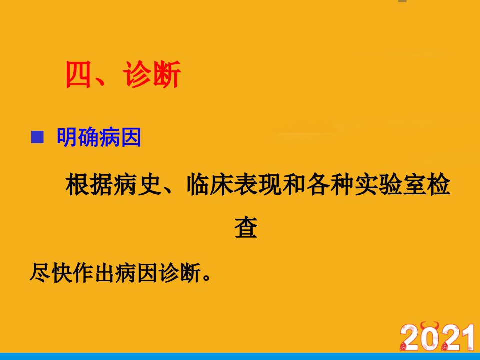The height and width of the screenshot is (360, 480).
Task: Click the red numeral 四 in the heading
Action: [78, 74]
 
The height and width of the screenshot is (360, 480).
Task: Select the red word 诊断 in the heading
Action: [152, 74]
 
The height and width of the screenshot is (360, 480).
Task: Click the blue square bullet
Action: [37, 137]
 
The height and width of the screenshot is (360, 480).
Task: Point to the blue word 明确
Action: [78, 137]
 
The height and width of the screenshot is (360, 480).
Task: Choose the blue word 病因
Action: [120, 137]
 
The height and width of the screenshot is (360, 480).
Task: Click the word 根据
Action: [89, 184]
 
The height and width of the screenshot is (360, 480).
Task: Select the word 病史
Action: [137, 184]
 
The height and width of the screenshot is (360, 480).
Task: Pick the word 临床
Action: [210, 184]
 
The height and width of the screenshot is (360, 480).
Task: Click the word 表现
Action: [258, 184]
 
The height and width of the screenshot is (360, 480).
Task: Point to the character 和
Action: [294, 184]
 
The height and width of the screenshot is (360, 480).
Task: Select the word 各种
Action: [330, 184]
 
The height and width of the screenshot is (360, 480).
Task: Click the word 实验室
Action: [390, 184]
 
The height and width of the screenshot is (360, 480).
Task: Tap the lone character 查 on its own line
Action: [246, 227]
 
